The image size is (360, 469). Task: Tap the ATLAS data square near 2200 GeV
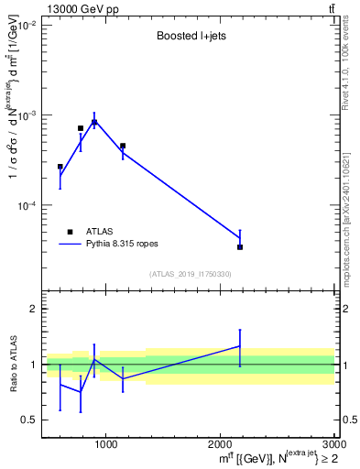click(240, 246)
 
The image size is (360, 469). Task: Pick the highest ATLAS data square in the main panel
click(93, 122)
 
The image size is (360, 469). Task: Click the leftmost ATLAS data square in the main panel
click(60, 167)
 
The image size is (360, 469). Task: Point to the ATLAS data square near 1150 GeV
click(123, 146)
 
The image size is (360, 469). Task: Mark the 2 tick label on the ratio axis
click(32, 310)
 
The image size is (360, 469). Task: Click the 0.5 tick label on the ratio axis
click(28, 420)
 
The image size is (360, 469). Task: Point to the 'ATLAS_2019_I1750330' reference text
click(191, 274)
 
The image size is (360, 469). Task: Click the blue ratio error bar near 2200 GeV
click(240, 347)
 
